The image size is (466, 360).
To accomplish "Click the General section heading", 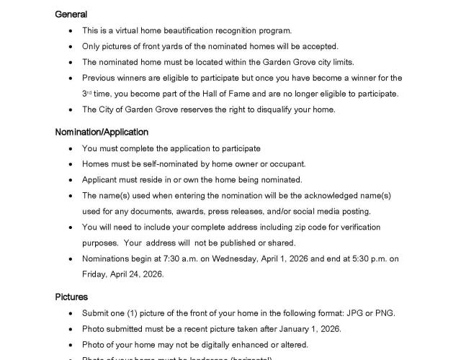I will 71,14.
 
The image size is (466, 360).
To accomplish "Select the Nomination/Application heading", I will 102,132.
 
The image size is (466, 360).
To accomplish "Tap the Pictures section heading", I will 71,297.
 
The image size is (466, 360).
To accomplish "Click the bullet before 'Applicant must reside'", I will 70,180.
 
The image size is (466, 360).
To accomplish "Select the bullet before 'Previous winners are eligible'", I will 70,78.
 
